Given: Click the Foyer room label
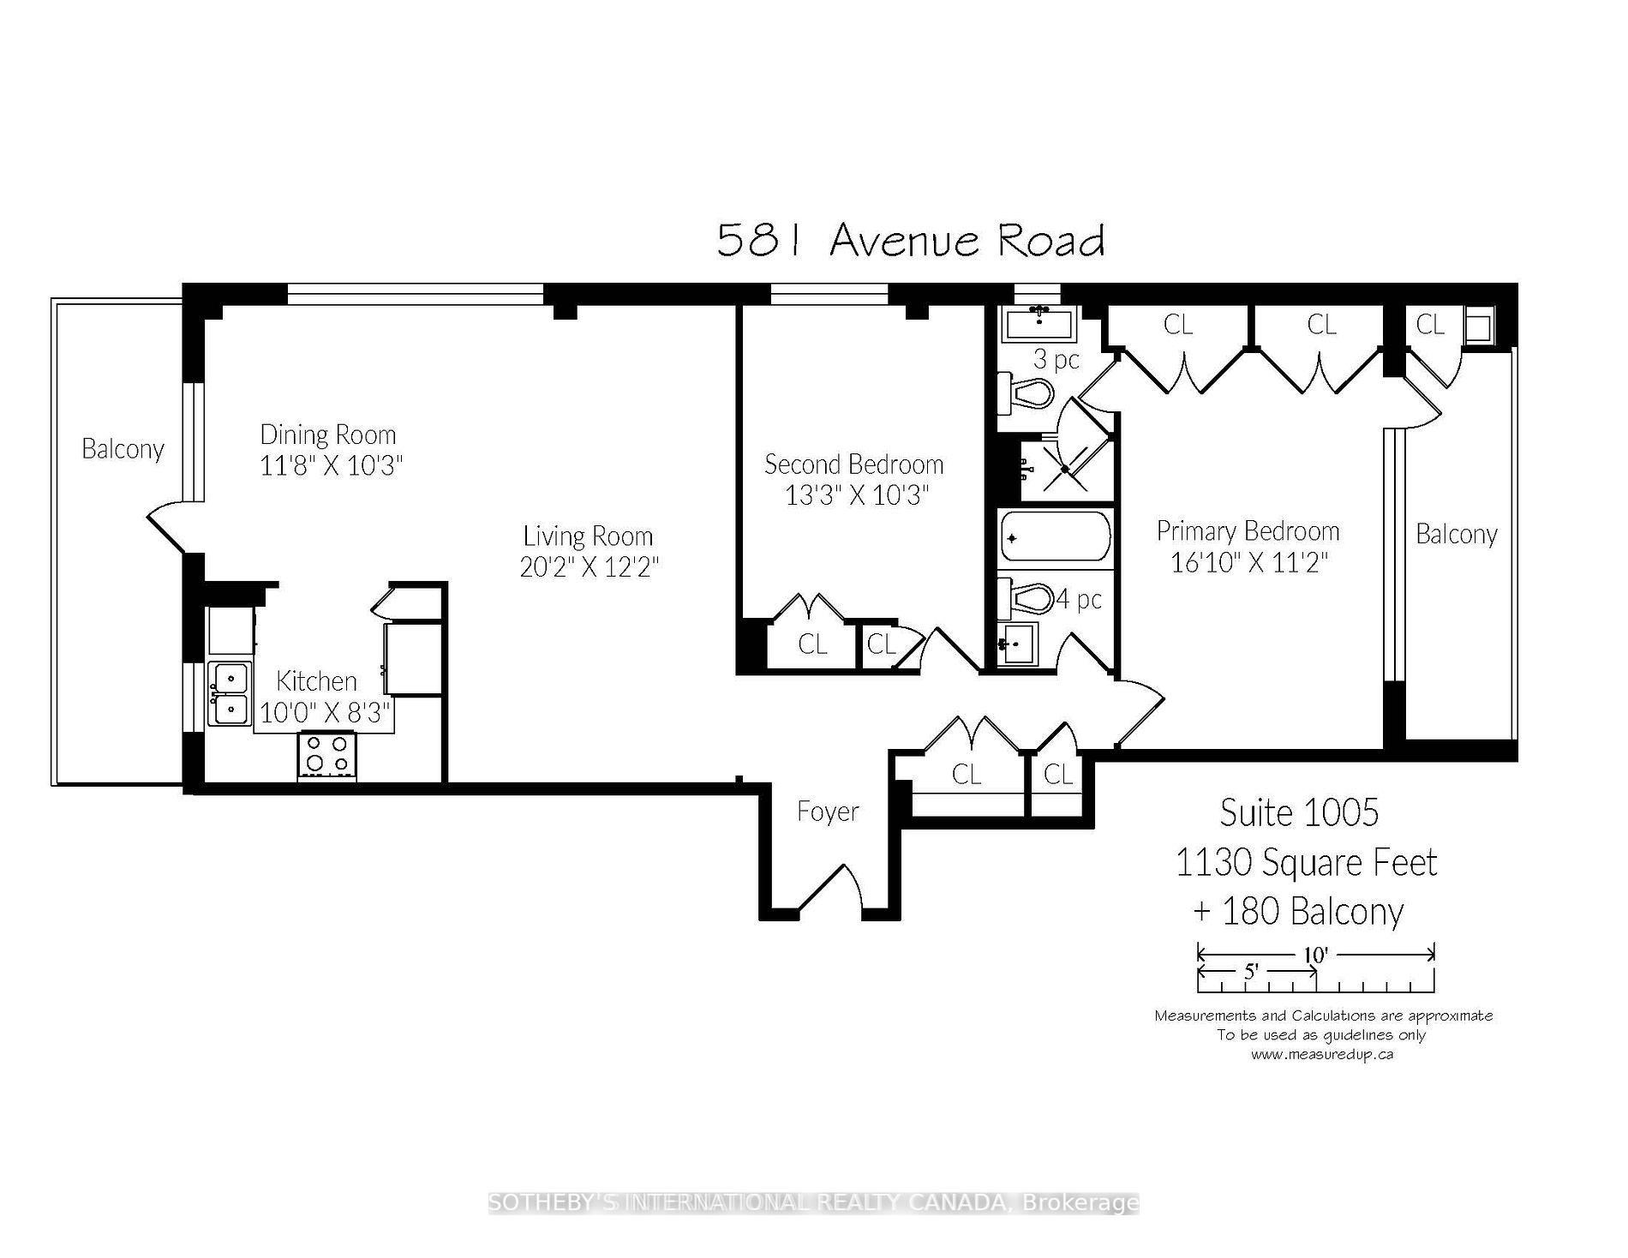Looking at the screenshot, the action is point(828,811).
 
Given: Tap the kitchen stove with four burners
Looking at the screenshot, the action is point(326,755).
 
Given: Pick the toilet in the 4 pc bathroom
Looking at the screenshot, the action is point(1025,597).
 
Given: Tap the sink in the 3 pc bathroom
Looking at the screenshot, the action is point(1038,324).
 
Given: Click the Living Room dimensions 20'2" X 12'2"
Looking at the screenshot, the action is point(590,567).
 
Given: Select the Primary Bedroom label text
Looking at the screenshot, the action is point(1248,531).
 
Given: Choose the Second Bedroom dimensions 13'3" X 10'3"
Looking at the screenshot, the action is point(857,495).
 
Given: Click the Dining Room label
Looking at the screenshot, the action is point(328,434).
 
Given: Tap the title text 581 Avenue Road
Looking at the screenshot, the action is point(910,240).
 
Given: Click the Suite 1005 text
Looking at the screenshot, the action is point(1299,812).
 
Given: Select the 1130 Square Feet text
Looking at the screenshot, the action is point(1306,862).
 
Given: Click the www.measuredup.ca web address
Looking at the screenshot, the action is point(1321,1054).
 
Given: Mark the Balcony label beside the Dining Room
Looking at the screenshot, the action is point(123,449).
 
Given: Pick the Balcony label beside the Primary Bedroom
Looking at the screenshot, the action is point(1457,535).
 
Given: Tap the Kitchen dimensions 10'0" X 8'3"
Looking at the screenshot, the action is point(326,712).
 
